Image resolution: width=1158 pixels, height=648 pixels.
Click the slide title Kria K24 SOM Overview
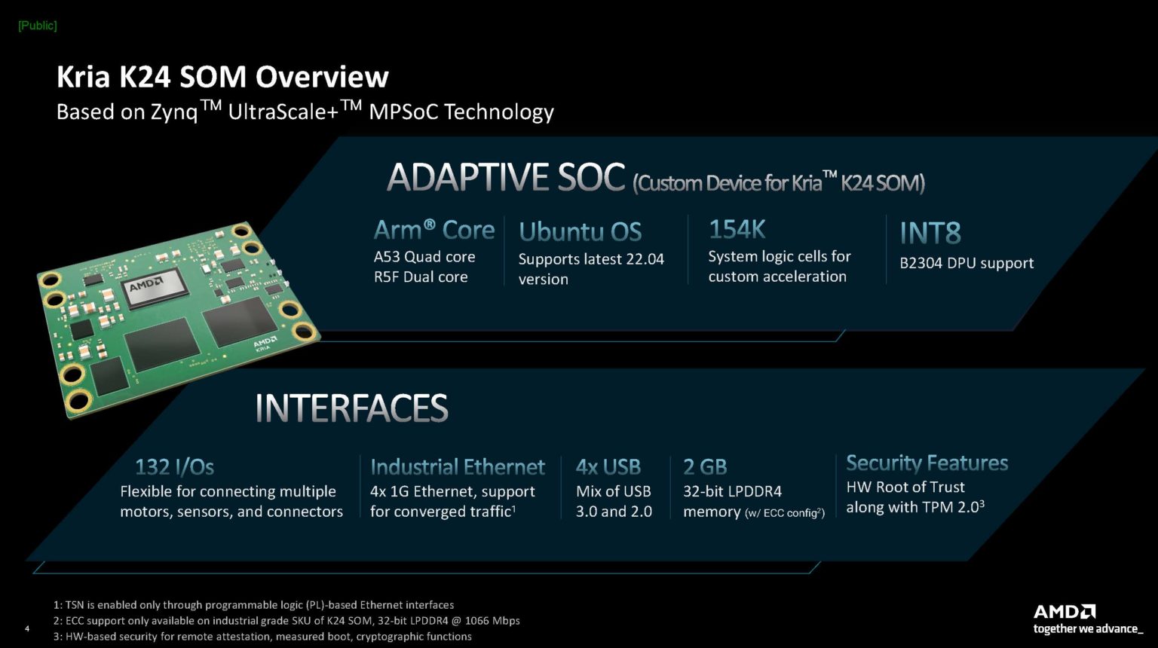tap(222, 77)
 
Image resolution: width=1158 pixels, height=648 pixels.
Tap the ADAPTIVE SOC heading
tap(506, 178)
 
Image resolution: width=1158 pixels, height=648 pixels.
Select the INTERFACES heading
tap(351, 408)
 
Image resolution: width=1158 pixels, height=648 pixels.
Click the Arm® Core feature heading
tap(433, 230)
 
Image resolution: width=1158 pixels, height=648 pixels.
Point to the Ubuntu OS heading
tap(580, 231)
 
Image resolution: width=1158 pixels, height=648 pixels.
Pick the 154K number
tap(737, 229)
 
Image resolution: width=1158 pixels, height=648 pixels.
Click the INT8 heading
tap(930, 234)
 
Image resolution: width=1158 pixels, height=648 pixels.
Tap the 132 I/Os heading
tap(174, 466)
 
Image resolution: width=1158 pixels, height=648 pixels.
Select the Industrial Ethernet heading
tap(457, 467)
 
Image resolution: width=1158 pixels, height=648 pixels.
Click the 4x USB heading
tap(608, 467)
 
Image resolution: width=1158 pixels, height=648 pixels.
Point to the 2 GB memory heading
tap(705, 467)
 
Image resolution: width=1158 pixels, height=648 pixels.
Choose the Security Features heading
tap(927, 463)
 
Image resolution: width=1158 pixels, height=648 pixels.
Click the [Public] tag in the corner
tap(37, 26)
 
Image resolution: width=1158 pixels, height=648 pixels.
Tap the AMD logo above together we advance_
tap(1064, 611)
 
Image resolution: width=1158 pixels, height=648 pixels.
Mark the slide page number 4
tap(28, 629)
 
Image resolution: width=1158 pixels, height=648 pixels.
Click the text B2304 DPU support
tap(966, 263)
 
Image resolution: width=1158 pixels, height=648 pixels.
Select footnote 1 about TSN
tap(253, 605)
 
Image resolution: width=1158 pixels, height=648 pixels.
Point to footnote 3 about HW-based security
tap(262, 637)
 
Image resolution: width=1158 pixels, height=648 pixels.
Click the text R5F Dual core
tap(421, 277)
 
